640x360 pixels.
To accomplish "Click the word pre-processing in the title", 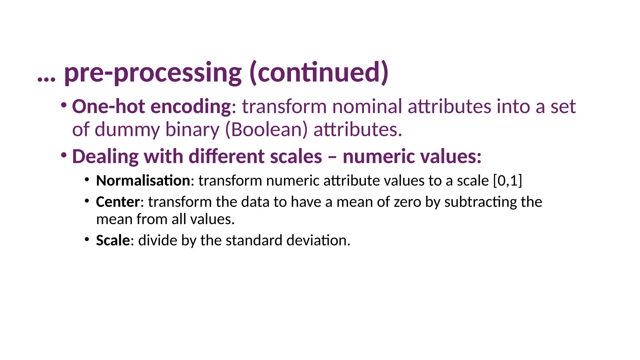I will (x=152, y=73).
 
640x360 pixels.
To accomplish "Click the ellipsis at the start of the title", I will (x=46, y=78).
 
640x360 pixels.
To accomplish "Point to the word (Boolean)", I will (x=266, y=130).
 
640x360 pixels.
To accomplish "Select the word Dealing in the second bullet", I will (x=105, y=157).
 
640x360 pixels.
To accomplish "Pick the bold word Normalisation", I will (x=143, y=181).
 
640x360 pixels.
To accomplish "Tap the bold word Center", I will (x=118, y=202).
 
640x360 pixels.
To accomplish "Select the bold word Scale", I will (x=113, y=241).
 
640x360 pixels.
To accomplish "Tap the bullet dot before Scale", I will (x=87, y=239).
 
